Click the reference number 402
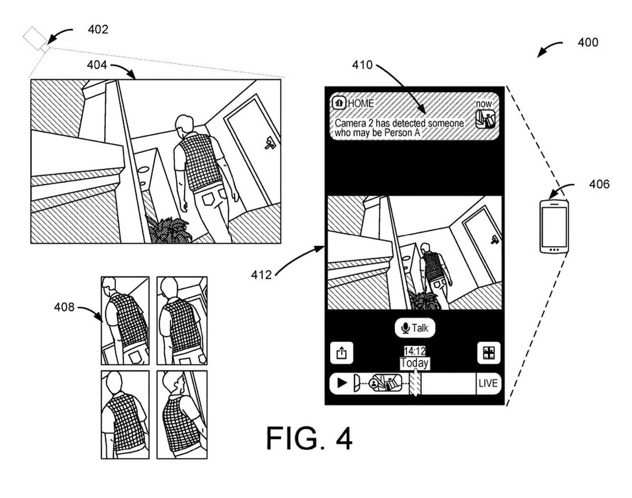[98, 30]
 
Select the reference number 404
[97, 65]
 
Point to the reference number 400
[588, 43]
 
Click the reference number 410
[362, 65]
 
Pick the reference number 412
[261, 275]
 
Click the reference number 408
[64, 307]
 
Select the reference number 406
[599, 184]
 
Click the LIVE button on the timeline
[488, 384]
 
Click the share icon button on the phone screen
[341, 353]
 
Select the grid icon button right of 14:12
[488, 353]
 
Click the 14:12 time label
[414, 351]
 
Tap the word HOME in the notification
[360, 103]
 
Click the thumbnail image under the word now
[485, 120]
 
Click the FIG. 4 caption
[309, 438]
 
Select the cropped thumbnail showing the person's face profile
[182, 414]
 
